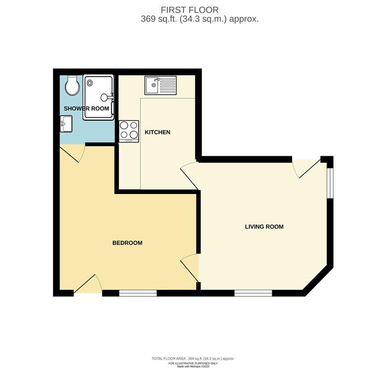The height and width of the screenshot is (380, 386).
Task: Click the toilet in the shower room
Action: (72, 85)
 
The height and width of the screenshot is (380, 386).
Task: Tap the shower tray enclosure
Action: (98, 97)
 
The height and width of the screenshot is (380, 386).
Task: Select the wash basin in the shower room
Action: (66, 124)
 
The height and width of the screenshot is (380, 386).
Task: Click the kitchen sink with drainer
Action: (160, 85)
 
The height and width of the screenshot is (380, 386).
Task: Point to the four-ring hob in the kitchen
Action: (129, 131)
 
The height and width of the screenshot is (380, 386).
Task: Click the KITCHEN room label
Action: (157, 133)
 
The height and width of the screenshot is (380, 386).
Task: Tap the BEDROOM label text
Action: (127, 243)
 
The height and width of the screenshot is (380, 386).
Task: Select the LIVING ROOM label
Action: (264, 227)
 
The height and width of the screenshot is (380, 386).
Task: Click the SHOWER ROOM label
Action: (87, 108)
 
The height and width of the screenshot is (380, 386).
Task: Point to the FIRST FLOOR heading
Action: (190, 10)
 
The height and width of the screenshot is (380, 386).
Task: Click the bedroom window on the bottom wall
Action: (138, 293)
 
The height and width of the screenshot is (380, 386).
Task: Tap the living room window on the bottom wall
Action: (253, 293)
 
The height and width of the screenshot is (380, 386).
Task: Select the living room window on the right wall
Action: (330, 183)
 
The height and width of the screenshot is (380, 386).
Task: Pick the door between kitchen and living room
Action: (190, 176)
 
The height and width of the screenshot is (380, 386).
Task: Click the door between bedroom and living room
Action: (190, 268)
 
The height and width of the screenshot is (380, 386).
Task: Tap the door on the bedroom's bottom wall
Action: (88, 285)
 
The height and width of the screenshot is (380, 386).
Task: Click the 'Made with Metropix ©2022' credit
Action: (193, 367)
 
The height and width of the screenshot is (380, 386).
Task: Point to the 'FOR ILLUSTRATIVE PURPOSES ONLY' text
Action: (193, 364)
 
